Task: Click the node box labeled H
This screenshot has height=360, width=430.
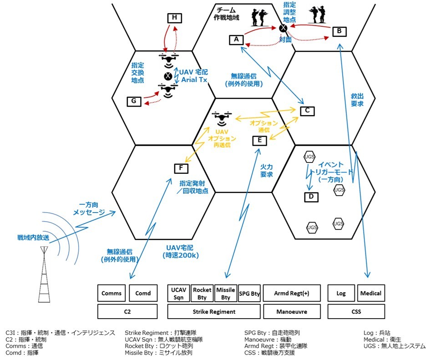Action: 174,18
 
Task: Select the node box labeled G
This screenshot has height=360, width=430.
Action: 134,101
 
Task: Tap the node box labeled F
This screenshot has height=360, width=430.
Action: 181,169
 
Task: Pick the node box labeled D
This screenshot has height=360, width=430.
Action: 311,197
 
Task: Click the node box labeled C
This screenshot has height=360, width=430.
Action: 307,110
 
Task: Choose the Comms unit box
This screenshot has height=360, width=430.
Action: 111,293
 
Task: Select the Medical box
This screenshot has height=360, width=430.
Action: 370,293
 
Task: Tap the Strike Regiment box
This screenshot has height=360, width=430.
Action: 214,312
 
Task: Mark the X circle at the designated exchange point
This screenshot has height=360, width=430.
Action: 168,76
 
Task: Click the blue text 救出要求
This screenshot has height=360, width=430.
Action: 357,100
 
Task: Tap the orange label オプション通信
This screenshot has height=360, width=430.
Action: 263,126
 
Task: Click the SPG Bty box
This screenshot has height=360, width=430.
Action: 249,293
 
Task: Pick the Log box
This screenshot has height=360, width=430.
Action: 340,293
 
